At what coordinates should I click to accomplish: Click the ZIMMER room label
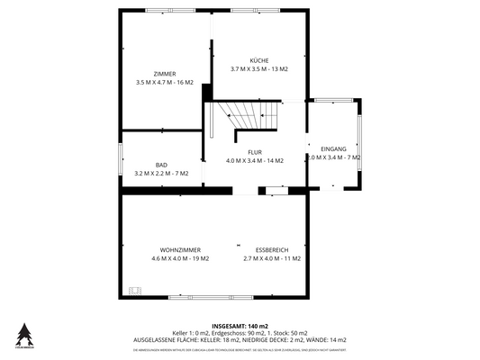point(164,73)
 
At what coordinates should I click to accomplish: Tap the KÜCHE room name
point(259,60)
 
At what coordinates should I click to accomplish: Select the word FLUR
point(254,152)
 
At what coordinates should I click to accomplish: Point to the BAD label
point(161,165)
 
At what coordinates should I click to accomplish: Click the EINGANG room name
point(333,148)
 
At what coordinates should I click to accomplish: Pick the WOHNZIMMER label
point(180,249)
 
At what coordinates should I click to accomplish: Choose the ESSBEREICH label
point(272,249)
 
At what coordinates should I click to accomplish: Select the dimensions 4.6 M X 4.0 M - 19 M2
point(180,258)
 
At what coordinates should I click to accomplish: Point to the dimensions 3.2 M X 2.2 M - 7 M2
point(161,173)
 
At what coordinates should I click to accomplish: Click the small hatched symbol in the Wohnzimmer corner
point(135,290)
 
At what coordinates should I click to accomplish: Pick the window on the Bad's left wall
point(121,161)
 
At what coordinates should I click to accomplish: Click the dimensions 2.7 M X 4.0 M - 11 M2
point(272,258)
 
